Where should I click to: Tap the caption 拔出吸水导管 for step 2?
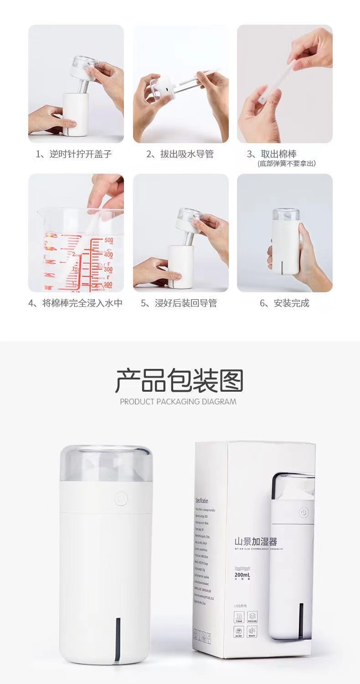[x=180, y=154]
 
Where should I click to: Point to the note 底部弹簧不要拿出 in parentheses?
[x=286, y=163]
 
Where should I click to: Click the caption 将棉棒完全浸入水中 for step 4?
[x=76, y=303]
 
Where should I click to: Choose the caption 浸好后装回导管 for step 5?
[x=180, y=303]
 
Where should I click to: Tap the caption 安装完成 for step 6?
[x=285, y=303]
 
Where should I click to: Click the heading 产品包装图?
[x=180, y=381]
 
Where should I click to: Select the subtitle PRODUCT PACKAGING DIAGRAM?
[x=178, y=402]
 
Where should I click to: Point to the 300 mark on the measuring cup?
[x=108, y=269]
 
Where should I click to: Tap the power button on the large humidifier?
[x=121, y=498]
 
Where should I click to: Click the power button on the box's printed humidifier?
[x=304, y=513]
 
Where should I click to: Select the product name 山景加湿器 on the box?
[x=255, y=542]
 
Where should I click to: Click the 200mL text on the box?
[x=242, y=575]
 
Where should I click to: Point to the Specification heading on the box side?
[x=202, y=500]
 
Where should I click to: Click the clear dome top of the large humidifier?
[x=106, y=463]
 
